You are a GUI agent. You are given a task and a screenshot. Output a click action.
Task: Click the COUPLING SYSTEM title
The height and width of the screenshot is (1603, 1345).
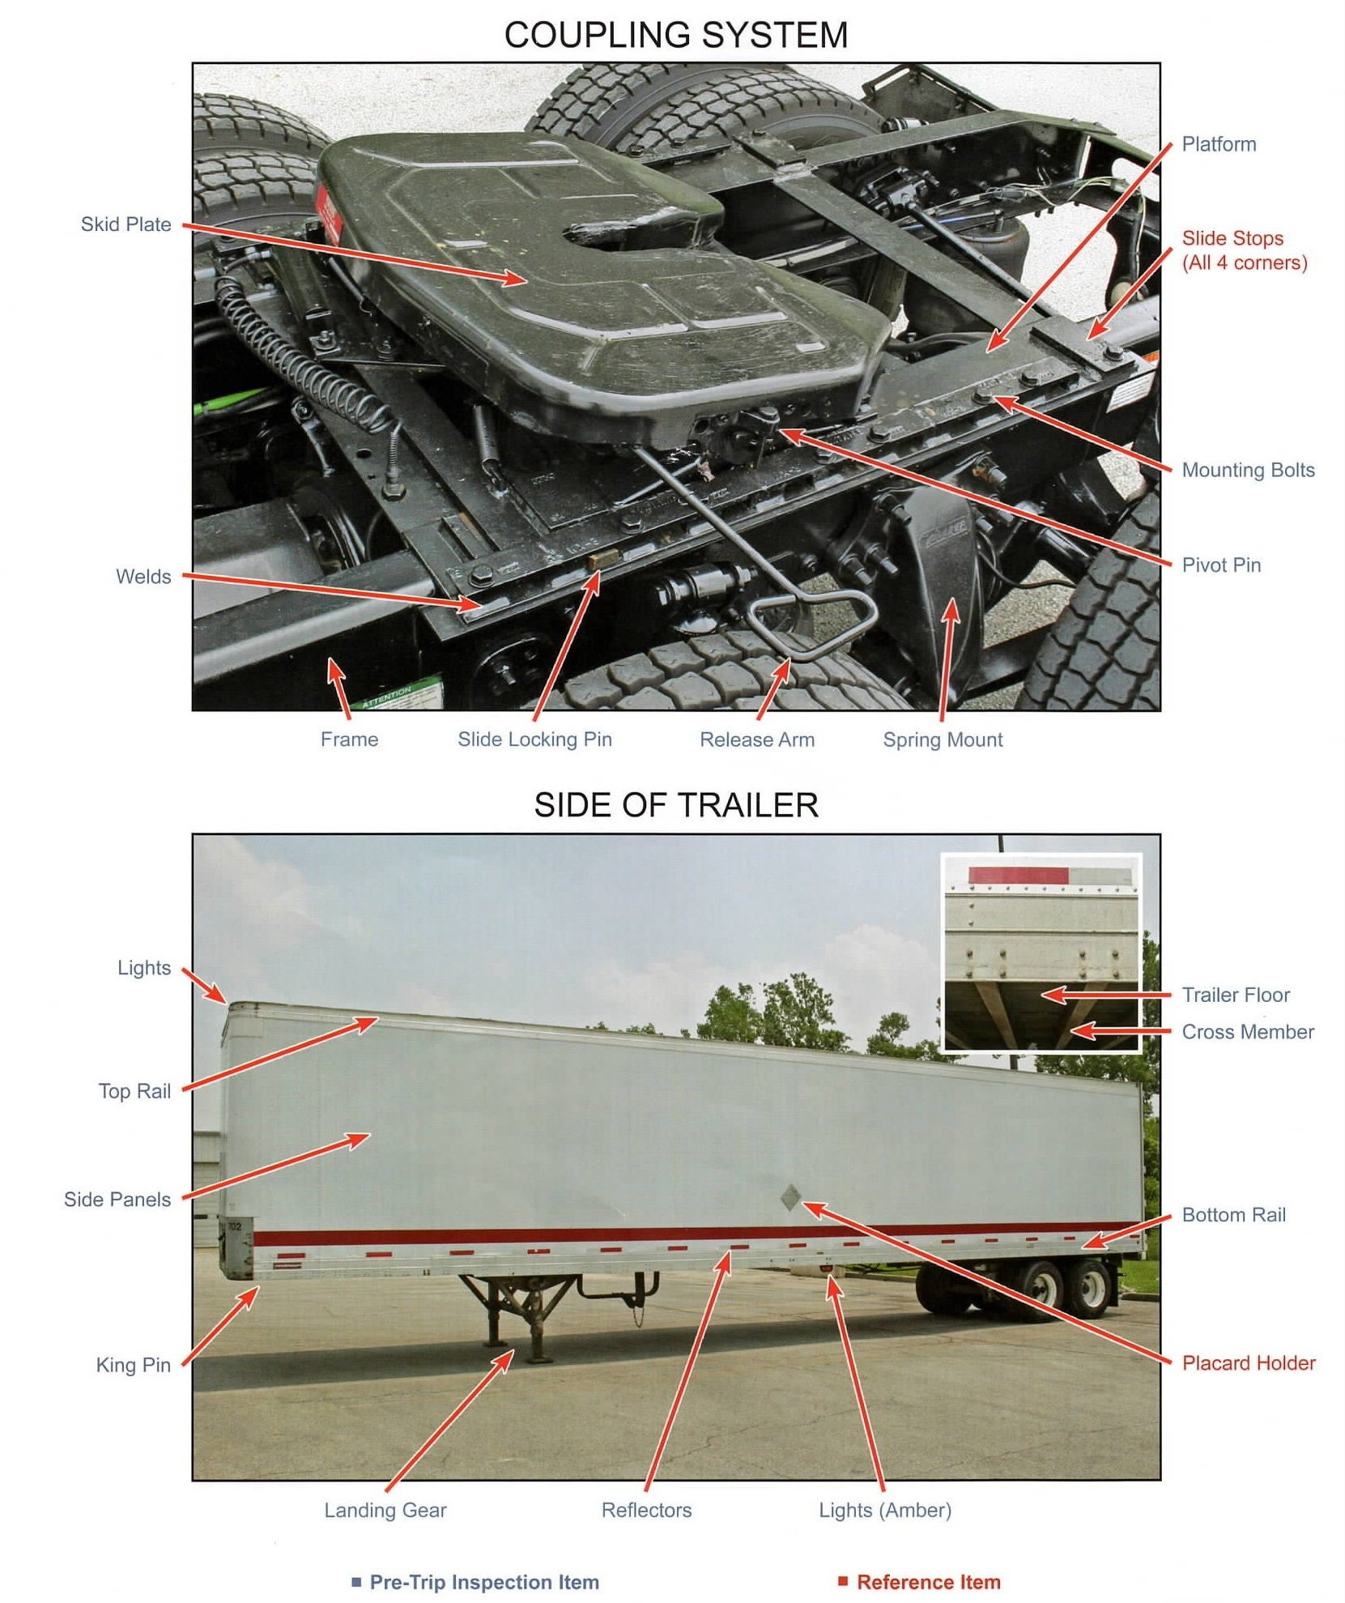[675, 35]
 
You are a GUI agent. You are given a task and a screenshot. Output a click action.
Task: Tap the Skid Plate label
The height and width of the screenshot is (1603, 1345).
[126, 224]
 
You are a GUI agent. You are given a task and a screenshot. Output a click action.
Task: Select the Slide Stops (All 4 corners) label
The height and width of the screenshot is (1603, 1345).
[1244, 250]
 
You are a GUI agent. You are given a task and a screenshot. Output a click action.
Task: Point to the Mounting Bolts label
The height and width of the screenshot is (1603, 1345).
[1247, 470]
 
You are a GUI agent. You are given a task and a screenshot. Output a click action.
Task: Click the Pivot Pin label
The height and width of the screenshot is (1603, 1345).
[1220, 565]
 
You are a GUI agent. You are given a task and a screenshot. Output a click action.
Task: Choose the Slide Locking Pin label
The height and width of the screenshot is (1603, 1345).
[534, 739]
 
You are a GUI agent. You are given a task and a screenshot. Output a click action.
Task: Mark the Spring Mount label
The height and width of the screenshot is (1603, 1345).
[942, 739]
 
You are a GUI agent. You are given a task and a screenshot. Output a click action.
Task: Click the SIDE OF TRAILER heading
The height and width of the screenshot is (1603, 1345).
[675, 805]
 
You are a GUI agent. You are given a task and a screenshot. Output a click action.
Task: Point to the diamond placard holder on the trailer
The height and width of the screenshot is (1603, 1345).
[791, 1197]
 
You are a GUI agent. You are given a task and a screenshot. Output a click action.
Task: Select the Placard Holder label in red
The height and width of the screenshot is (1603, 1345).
[1248, 1362]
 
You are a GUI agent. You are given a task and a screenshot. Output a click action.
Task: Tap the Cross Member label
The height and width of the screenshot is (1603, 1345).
[1247, 1032]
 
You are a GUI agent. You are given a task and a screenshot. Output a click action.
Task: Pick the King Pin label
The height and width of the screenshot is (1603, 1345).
[133, 1365]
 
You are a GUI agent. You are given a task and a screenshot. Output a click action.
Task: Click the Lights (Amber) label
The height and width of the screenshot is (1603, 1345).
[884, 1510]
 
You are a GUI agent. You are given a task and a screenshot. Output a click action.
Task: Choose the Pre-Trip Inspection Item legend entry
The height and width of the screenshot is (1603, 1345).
[483, 1582]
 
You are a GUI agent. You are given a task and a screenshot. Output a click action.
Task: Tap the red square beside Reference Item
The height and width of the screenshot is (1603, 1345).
[842, 1581]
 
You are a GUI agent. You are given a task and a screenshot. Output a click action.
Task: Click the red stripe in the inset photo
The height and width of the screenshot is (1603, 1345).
[1018, 876]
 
